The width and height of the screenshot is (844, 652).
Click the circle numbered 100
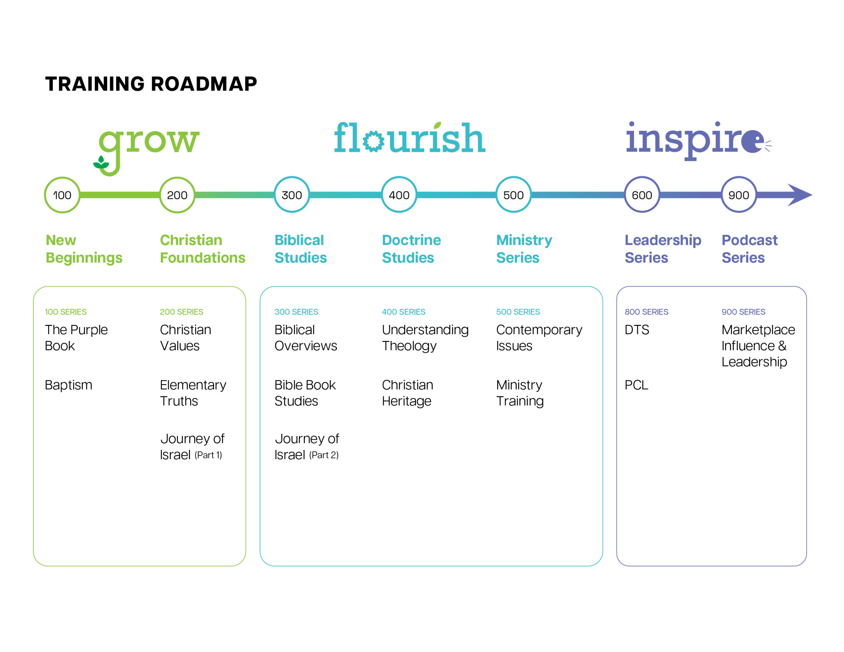coord(62,195)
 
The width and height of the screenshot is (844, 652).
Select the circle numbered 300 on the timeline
coord(292,195)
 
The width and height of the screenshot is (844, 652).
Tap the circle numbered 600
coord(642,195)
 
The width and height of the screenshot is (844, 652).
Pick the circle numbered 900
coord(738,195)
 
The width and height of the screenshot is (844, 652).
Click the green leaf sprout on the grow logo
coord(101,163)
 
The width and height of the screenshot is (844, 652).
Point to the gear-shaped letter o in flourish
coord(373,141)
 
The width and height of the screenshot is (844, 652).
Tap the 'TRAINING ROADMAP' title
coord(151,84)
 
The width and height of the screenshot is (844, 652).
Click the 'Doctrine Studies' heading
coord(411,249)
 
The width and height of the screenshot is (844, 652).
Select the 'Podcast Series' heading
coord(749,249)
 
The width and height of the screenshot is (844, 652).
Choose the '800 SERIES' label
coord(646,312)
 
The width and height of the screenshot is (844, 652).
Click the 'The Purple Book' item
coord(76,338)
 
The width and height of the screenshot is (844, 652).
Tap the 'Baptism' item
coord(68,385)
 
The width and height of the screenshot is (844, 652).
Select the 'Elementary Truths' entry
coord(193,393)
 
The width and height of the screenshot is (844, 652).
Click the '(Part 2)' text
coord(323,455)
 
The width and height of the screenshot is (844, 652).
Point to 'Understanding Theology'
coord(425,338)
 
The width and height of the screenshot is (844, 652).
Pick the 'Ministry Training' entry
coord(520,393)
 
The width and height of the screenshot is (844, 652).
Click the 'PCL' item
coord(636,385)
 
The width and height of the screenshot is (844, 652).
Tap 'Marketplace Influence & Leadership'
coord(758,346)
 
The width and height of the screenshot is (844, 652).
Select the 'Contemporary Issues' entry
coord(539,338)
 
